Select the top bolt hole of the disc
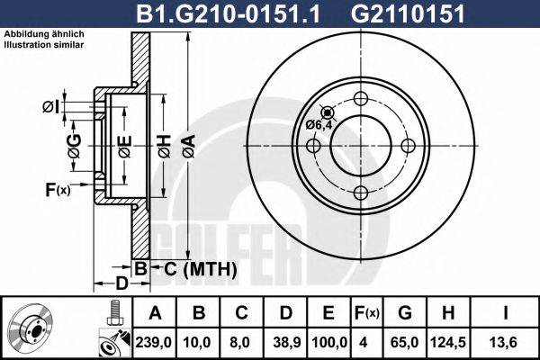click(361, 99)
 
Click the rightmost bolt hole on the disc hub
click(407, 146)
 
